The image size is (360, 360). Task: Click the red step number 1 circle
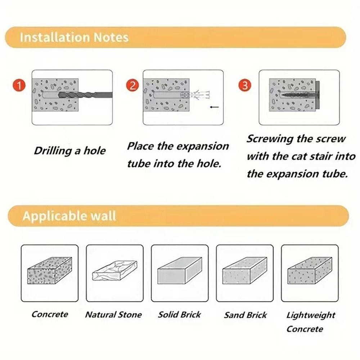point(19,85)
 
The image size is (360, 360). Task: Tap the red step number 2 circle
point(132,85)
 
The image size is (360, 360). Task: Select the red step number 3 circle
point(245,85)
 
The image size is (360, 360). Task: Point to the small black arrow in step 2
point(215,107)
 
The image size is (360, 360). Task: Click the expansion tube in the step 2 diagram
point(195,95)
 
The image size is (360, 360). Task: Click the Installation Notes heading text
point(74,37)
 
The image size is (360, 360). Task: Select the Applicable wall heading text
point(69,216)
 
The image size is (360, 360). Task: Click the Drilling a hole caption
point(70,151)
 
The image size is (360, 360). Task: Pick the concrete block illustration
point(50,270)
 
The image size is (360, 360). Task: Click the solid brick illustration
point(180,270)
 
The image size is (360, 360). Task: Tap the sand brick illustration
point(245,270)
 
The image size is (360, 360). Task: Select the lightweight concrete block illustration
point(310,270)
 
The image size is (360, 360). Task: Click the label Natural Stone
point(113,315)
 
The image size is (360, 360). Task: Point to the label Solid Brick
point(179,315)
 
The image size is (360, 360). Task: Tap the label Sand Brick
point(245,315)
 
